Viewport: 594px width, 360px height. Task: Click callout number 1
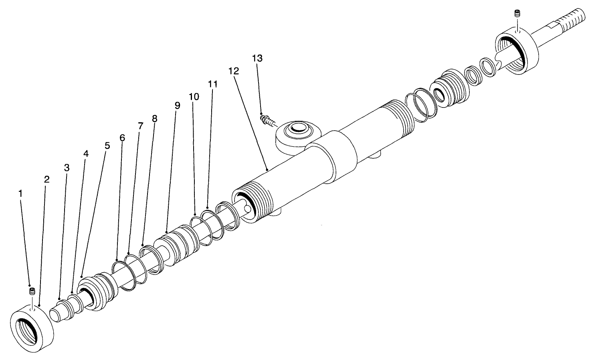pyautogui.click(x=21, y=193)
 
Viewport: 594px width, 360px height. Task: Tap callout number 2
pyautogui.click(x=47, y=180)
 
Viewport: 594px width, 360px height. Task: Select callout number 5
pyautogui.click(x=107, y=145)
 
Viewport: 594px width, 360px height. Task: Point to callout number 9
pyautogui.click(x=178, y=105)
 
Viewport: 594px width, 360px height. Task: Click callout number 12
pyautogui.click(x=234, y=71)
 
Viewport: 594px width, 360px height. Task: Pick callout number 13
pyautogui.click(x=257, y=58)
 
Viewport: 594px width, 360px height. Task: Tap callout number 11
pyautogui.click(x=213, y=84)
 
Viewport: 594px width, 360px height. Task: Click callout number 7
pyautogui.click(x=140, y=125)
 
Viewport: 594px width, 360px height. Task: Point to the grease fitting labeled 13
pyautogui.click(x=268, y=120)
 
